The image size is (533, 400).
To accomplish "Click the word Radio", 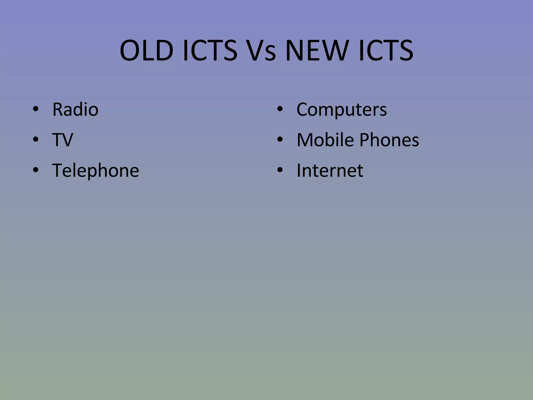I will [75, 109].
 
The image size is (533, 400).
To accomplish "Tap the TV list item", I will [62, 140].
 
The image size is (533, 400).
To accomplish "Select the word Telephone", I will [96, 171].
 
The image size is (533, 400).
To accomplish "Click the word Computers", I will [341, 109].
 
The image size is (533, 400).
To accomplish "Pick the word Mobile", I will [325, 140].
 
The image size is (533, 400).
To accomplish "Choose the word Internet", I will [330, 171].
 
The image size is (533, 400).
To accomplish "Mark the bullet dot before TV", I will [36, 140].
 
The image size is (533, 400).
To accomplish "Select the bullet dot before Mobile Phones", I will [280, 140].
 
